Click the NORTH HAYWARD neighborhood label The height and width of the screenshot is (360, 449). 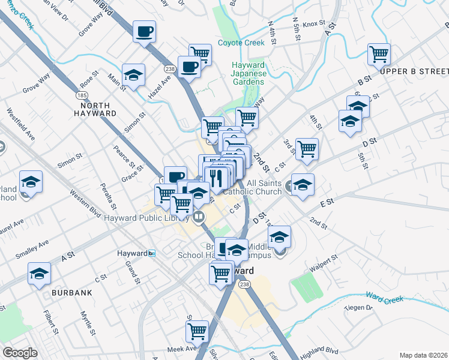click(x=95, y=113)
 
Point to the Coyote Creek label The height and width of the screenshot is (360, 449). click(x=241, y=43)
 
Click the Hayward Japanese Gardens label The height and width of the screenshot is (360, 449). click(x=249, y=73)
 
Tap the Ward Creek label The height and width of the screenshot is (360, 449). click(x=385, y=298)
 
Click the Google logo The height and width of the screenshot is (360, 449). click(x=20, y=353)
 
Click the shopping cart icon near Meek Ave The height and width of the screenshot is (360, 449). click(x=197, y=330)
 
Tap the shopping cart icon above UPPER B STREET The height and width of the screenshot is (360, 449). click(x=379, y=54)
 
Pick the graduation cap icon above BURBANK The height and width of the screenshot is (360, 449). click(x=40, y=274)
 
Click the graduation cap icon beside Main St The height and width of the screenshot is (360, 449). click(x=133, y=74)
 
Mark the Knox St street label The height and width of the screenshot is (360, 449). click(x=313, y=25)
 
